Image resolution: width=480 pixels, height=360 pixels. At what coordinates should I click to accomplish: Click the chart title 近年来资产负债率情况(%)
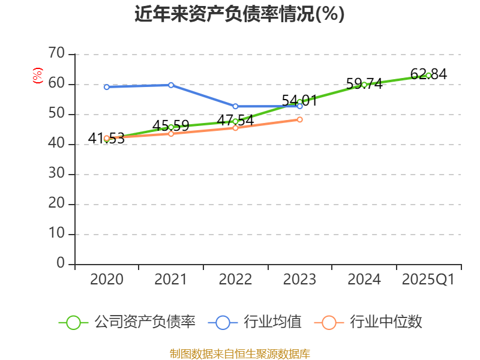coord(239,14)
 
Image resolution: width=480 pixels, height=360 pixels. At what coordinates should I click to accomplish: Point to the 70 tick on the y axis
coord(56,54)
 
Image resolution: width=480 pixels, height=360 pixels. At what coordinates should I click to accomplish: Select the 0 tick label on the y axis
coord(61,263)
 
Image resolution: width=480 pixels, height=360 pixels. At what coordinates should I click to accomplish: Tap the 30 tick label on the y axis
coord(56,174)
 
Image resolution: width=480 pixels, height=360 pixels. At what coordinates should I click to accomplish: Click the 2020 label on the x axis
coord(106,280)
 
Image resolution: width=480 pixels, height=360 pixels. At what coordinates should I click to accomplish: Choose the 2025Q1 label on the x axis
coord(428,280)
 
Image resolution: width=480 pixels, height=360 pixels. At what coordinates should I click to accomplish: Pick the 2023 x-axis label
coord(299,280)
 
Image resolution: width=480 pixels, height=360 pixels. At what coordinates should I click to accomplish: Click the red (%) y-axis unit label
coord(38,76)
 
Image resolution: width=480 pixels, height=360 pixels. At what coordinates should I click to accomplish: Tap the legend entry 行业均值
coord(255,322)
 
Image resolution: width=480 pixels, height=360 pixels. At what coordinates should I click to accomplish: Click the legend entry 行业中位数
coord(368,322)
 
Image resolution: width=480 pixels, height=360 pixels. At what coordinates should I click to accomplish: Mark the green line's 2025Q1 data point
coord(428,75)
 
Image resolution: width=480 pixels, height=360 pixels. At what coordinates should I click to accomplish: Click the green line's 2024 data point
coord(364,85)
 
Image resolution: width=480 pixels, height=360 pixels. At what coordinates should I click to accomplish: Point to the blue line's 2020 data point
coord(107,87)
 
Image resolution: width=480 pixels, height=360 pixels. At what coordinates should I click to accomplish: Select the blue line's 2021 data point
coord(171,85)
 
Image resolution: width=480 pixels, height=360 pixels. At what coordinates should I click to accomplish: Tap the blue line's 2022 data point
coord(235,106)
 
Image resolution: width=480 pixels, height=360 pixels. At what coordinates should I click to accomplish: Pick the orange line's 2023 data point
coord(300,119)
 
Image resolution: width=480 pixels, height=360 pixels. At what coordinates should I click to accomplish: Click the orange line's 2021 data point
coord(171,133)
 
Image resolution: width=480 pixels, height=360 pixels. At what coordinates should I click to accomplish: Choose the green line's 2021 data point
coord(171,127)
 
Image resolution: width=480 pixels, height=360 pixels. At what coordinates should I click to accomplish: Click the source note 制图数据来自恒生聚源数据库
coord(239,353)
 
